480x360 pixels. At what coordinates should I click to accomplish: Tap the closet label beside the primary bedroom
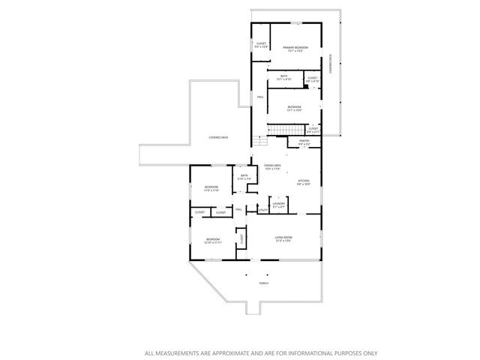click(261, 43)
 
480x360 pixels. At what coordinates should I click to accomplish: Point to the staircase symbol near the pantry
click(279, 133)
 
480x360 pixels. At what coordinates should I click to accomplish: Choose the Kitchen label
click(304, 181)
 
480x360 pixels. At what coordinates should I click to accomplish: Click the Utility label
click(262, 210)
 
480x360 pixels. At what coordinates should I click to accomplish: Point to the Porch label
click(263, 283)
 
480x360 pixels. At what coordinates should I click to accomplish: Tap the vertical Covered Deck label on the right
click(331, 62)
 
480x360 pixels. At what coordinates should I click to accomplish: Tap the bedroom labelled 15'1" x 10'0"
click(294, 107)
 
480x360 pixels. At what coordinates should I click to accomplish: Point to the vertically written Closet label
click(241, 238)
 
